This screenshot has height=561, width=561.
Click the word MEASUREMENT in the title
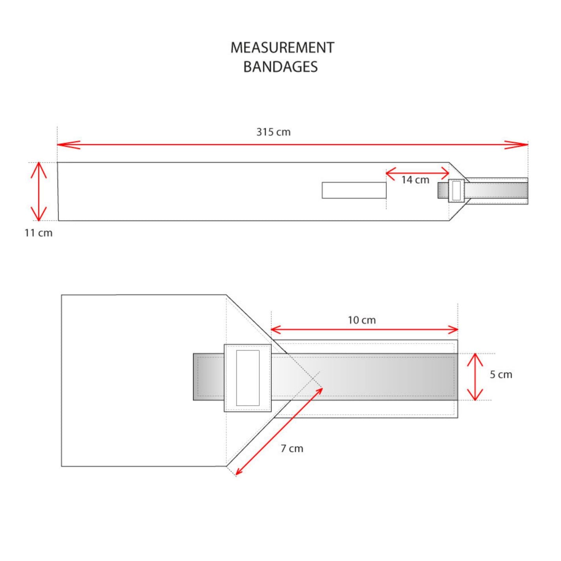tap(282, 48)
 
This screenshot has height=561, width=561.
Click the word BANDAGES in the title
tap(280, 67)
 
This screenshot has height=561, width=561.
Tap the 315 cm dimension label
tap(273, 132)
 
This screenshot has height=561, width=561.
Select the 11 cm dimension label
tap(38, 233)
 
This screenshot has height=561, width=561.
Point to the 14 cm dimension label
tap(415, 180)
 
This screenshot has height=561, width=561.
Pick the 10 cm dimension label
tap(361, 320)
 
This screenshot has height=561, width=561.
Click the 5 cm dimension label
tap(501, 375)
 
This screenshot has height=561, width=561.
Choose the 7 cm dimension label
tap(292, 448)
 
